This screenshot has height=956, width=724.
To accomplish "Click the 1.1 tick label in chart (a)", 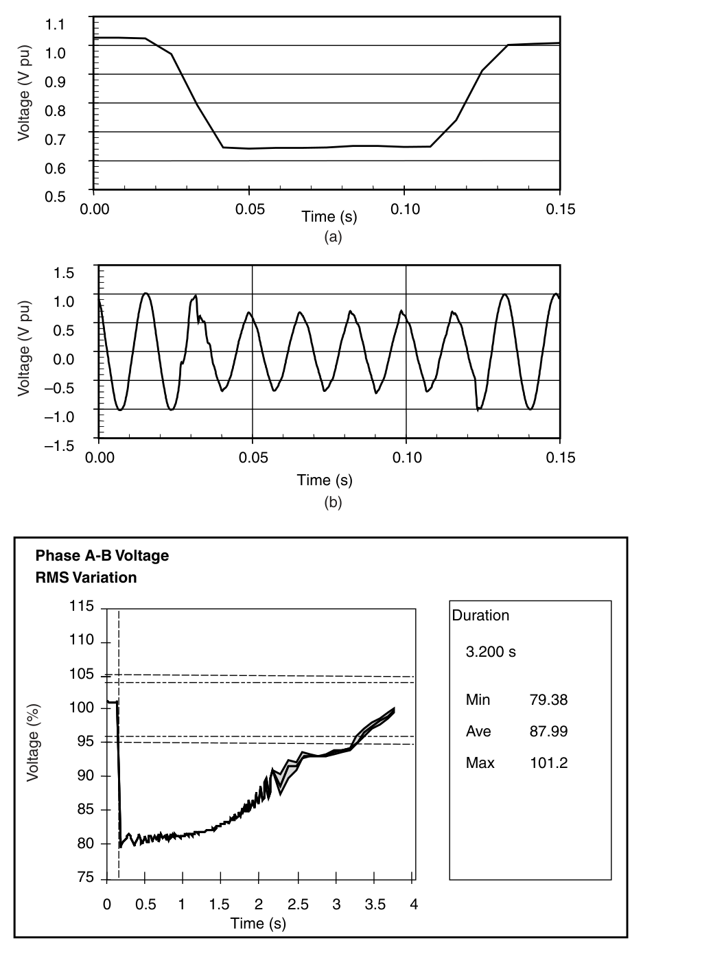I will pyautogui.click(x=54, y=25).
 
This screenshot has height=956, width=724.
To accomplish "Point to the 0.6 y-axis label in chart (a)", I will pyautogui.click(x=54, y=168).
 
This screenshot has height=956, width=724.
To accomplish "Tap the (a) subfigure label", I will pyautogui.click(x=332, y=237).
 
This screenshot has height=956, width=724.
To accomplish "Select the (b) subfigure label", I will pyautogui.click(x=332, y=502).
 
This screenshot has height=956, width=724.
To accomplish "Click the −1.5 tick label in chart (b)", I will pyautogui.click(x=60, y=446).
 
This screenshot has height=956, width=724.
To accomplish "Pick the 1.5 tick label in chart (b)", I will pyautogui.click(x=63, y=273).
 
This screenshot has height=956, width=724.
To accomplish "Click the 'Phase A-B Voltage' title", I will pyautogui.click(x=102, y=555).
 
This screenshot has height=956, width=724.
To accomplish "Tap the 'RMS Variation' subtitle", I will pyautogui.click(x=86, y=577).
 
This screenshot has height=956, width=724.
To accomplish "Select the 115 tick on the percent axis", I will pyautogui.click(x=82, y=607).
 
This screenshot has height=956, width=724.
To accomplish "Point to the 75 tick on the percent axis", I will pyautogui.click(x=85, y=878).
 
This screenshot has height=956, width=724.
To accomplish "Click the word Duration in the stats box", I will pyautogui.click(x=480, y=616).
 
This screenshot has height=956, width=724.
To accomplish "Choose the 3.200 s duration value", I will pyautogui.click(x=491, y=651).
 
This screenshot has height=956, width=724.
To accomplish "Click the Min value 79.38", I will pyautogui.click(x=548, y=700).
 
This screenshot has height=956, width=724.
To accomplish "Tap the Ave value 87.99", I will pyautogui.click(x=548, y=732).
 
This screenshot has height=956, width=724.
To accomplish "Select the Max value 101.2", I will pyautogui.click(x=548, y=763).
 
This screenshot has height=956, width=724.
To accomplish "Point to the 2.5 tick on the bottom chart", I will pyautogui.click(x=297, y=905).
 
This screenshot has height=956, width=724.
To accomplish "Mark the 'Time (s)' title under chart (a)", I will pyautogui.click(x=329, y=217).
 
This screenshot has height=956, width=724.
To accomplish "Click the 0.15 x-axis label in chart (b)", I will pyautogui.click(x=561, y=457).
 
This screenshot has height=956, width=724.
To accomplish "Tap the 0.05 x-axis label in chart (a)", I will pyautogui.click(x=250, y=209).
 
